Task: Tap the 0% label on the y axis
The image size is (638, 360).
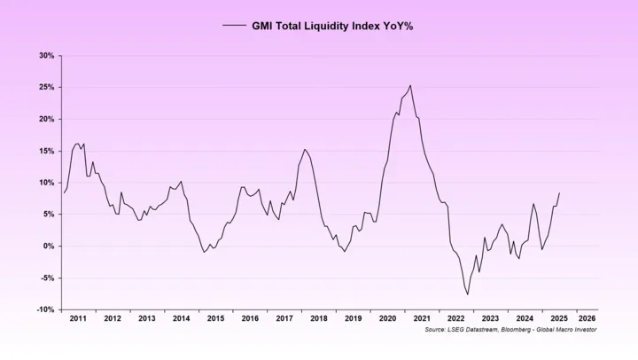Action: click(49, 246)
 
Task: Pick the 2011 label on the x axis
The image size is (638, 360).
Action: click(78, 317)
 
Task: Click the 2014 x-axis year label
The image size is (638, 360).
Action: click(181, 317)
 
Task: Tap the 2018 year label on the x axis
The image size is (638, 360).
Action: click(318, 317)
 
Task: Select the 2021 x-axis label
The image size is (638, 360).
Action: click(422, 317)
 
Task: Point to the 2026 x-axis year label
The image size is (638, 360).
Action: click(586, 317)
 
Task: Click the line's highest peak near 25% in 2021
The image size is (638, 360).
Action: click(410, 85)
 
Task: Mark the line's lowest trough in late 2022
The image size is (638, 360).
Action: click(467, 294)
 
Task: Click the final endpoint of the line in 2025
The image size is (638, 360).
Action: click(559, 193)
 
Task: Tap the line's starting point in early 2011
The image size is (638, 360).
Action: click(63, 192)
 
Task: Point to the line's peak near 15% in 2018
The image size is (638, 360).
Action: click(305, 149)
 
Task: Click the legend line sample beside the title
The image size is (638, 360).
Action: click(234, 26)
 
